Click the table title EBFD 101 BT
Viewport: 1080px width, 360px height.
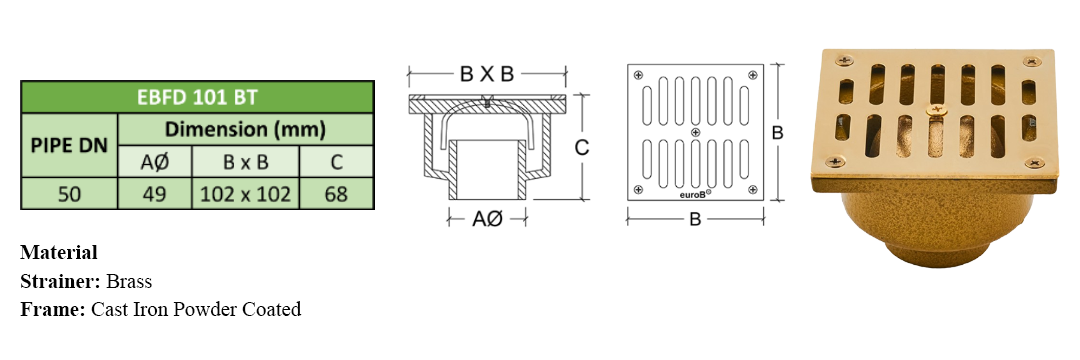197,97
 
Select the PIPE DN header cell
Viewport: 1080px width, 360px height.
70,146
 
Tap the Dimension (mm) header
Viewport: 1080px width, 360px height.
246,129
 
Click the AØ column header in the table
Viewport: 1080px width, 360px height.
155,162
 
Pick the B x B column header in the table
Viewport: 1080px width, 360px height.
245,162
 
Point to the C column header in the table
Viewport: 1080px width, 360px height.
337,162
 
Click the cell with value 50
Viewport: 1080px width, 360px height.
70,194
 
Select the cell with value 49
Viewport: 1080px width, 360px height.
155,194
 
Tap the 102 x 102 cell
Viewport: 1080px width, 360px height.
245,194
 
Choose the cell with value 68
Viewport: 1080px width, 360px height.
337,194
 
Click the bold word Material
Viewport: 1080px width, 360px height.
59,253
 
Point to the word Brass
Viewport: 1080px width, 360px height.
129,282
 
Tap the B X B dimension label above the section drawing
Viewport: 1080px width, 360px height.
487,74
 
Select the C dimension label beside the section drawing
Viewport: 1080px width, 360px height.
582,148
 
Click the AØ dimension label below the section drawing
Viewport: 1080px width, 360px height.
488,220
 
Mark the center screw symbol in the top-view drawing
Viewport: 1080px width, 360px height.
695,131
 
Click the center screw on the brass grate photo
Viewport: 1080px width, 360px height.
935,109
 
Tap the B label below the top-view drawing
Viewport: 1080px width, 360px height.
695,220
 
